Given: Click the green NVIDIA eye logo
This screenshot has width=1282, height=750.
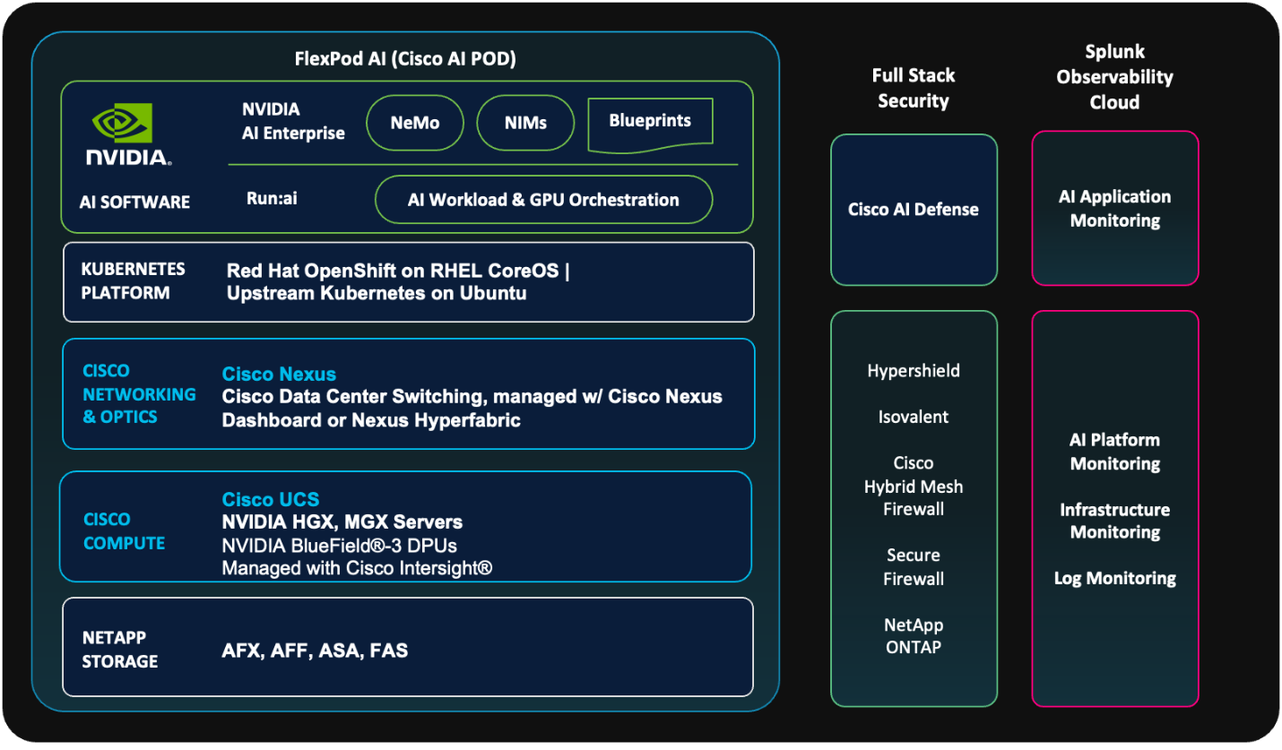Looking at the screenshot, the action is coord(122,123).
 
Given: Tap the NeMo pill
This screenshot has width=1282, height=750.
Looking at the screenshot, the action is coord(415,123).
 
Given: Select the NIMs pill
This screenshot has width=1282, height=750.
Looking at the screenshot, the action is coord(525,123).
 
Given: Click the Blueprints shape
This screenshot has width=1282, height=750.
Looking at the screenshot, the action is coord(650,125).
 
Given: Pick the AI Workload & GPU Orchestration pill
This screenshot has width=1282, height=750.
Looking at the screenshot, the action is coord(543,200).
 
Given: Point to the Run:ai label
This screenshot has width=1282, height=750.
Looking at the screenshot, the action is coord(272,199).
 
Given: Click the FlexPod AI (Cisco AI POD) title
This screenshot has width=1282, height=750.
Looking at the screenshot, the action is coord(405,59).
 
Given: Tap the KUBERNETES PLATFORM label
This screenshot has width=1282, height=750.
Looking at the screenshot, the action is coord(134,280).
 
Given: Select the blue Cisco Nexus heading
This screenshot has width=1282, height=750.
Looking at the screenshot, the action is coord(279,375).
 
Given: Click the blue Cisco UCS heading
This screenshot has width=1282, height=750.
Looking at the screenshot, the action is coord(271,499).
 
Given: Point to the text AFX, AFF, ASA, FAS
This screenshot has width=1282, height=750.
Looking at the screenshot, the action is coord(315,651).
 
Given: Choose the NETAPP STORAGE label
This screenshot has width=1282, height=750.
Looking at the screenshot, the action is coord(119,650).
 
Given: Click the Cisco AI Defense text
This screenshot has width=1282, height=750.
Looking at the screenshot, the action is coord(914,210).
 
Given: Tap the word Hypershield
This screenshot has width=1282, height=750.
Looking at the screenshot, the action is coord(914,371).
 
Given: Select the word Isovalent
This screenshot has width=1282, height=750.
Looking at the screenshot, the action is coord(914,417).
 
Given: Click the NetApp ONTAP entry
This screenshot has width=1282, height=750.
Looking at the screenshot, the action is coord(914,635).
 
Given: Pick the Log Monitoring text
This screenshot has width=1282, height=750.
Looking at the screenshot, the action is coord(1115,578).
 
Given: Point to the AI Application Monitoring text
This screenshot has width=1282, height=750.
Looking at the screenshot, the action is coord(1115,208).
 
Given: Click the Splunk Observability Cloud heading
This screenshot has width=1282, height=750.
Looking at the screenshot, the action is coord(1115,77).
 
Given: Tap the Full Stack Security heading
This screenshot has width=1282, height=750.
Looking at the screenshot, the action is coord(914,88).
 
